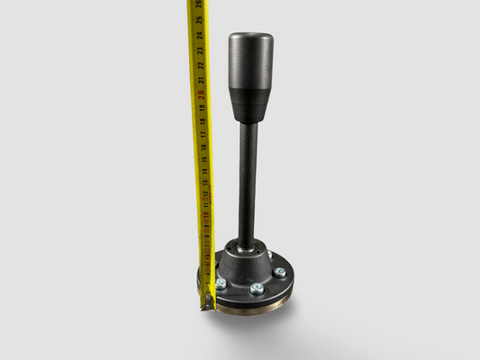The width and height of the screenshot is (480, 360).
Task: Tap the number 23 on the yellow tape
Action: tap(200, 49)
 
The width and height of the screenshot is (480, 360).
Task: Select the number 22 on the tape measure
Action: tap(200, 65)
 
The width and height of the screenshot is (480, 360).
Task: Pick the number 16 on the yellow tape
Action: tap(203, 147)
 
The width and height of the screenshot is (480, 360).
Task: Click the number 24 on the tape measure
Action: tap(199, 35)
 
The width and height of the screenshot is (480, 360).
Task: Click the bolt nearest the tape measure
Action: tap(221, 283)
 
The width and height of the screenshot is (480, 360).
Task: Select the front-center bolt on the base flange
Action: tap(258, 288)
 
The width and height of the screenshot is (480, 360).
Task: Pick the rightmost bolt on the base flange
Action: tap(280, 272)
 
